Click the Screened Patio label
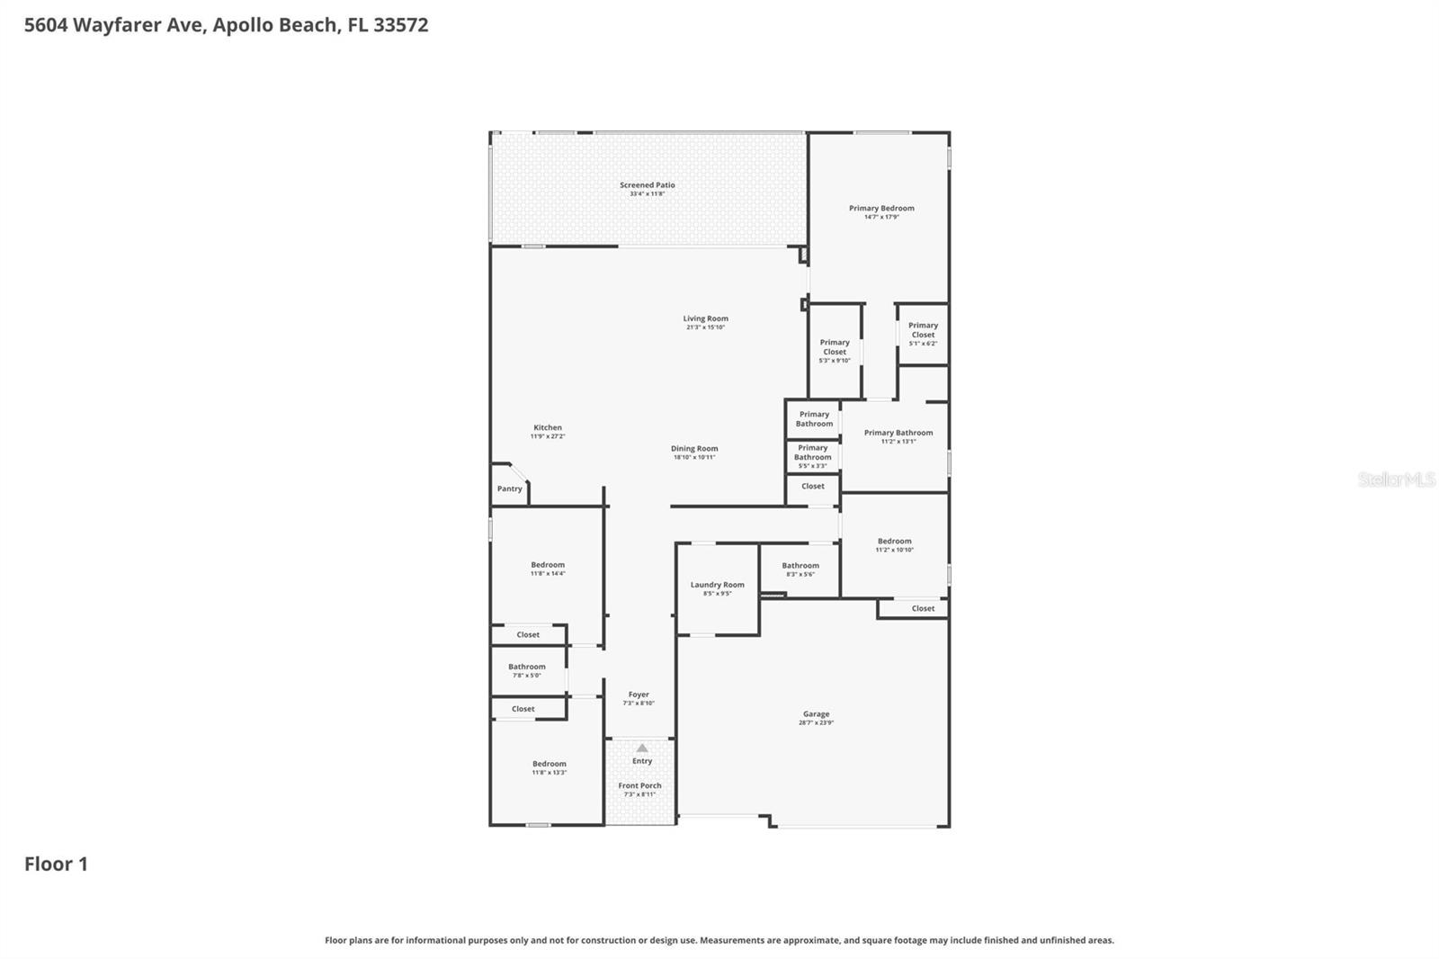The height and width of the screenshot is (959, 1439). (647, 185)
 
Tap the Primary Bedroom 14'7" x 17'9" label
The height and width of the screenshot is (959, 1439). (881, 212)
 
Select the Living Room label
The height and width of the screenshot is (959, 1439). (705, 318)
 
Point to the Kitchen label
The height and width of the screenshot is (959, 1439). (547, 428)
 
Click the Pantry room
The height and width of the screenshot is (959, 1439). (509, 488)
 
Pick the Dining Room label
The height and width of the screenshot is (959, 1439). (694, 449)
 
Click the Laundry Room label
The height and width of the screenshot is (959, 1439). (717, 585)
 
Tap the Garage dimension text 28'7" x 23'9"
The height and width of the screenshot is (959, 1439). (816, 723)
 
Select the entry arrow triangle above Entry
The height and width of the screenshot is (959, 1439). (641, 748)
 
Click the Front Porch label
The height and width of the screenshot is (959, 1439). (639, 785)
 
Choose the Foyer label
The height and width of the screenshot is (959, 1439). (639, 695)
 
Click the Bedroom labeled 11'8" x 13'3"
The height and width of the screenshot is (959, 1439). (549, 767)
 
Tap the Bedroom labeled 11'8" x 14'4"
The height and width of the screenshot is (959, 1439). (548, 569)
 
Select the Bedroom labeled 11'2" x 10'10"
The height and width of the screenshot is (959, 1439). (894, 545)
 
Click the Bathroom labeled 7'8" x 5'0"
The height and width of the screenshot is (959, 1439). (526, 670)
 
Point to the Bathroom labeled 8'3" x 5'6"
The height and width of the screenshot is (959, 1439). (800, 569)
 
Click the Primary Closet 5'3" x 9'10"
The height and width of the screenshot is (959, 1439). (835, 351)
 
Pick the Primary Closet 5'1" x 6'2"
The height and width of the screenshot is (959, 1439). (923, 334)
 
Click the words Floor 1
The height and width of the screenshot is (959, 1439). (56, 864)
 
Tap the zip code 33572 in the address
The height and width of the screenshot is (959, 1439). (400, 24)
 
